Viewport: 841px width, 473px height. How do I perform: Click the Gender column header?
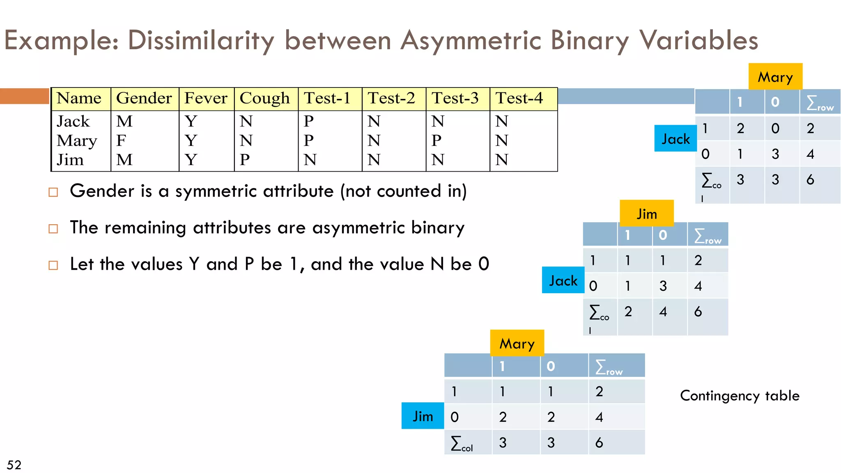(144, 99)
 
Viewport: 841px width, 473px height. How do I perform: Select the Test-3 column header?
(455, 99)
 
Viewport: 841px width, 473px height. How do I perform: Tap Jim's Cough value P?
(245, 160)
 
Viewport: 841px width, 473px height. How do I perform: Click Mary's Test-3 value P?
(437, 140)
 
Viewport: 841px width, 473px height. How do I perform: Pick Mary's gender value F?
(121, 140)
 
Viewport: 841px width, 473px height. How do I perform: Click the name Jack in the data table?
(73, 122)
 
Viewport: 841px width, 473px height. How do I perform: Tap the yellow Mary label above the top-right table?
(775, 77)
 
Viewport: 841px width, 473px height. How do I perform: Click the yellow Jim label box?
(646, 214)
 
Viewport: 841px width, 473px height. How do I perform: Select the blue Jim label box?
(423, 416)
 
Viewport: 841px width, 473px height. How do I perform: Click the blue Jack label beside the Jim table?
(563, 280)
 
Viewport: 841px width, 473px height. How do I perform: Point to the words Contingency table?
(740, 395)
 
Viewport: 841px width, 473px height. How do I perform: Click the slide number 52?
(14, 465)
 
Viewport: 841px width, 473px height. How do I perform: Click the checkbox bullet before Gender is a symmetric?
(53, 192)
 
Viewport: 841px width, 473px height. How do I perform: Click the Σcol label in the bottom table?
(462, 443)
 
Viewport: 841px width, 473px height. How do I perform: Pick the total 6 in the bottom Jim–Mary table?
(599, 443)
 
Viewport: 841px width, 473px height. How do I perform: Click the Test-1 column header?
(327, 99)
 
